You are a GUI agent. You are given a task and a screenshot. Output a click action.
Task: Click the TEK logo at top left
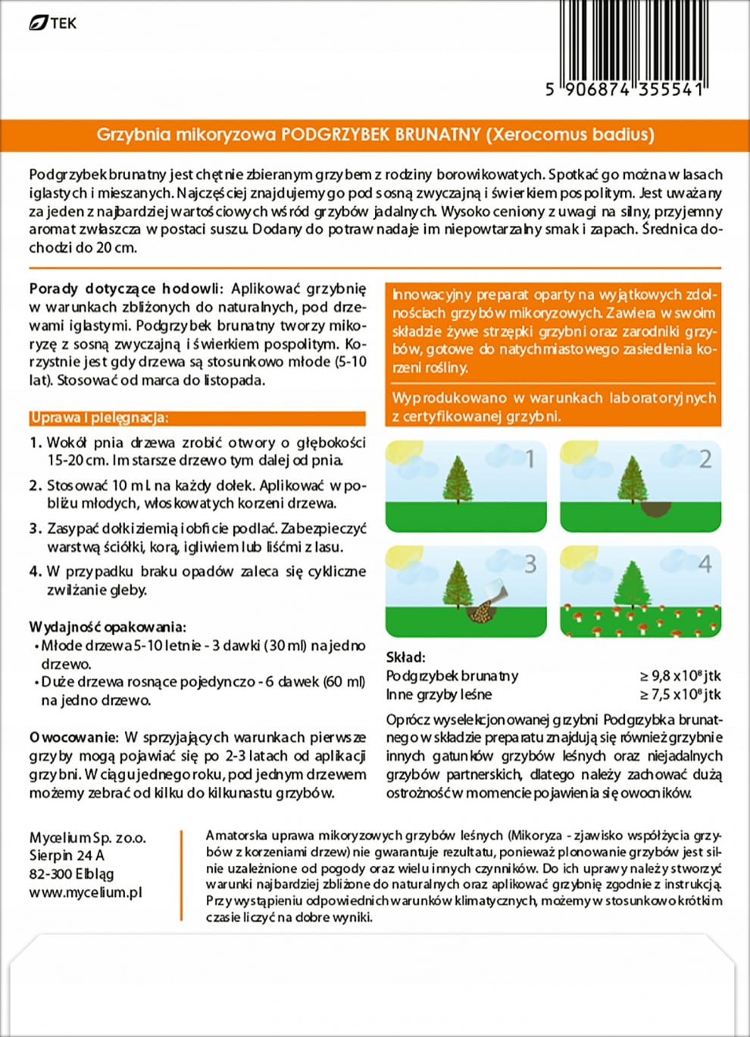pyautogui.click(x=52, y=23)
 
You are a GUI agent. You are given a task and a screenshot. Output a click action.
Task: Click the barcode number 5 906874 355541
pyautogui.click(x=625, y=90)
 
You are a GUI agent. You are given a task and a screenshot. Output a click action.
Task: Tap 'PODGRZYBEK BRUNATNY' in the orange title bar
pyautogui.click(x=381, y=135)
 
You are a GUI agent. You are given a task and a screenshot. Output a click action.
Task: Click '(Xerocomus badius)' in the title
pyautogui.click(x=570, y=135)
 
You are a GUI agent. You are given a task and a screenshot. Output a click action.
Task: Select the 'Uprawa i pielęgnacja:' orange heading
pyautogui.click(x=99, y=418)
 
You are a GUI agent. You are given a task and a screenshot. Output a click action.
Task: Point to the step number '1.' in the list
pyautogui.click(x=35, y=443)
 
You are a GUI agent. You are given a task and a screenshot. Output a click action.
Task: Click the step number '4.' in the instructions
pyautogui.click(x=35, y=571)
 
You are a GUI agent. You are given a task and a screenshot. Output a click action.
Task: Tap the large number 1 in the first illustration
pyautogui.click(x=530, y=459)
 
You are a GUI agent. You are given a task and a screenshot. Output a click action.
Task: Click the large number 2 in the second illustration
pyautogui.click(x=705, y=459)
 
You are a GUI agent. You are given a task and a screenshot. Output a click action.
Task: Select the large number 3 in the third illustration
pyautogui.click(x=530, y=564)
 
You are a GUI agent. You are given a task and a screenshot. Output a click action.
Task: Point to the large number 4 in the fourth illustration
pyautogui.click(x=705, y=564)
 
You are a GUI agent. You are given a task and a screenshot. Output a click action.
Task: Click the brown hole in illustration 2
pyautogui.click(x=655, y=508)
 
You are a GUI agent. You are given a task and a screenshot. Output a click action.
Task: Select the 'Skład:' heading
pyautogui.click(x=406, y=657)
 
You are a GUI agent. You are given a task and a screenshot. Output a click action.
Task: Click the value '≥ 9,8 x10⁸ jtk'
pyautogui.click(x=680, y=676)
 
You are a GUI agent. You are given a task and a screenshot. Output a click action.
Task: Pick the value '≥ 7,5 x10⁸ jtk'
pyautogui.click(x=680, y=694)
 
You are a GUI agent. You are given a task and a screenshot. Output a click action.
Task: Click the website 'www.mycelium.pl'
pyautogui.click(x=86, y=892)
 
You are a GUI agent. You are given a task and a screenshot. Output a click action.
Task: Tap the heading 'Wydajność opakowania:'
pyautogui.click(x=107, y=627)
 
